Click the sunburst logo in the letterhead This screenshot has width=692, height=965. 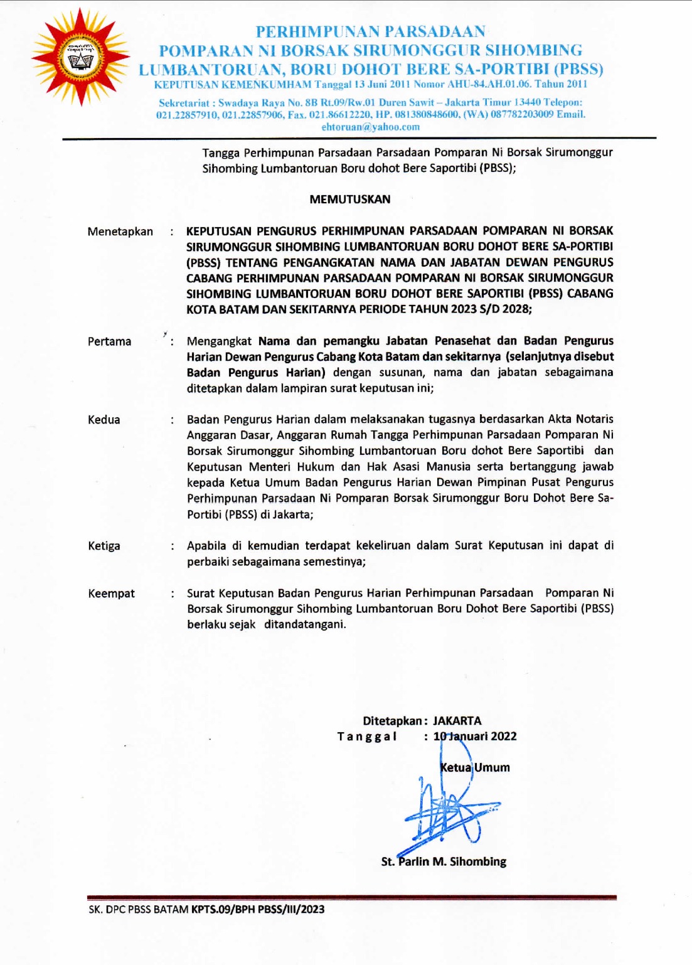coord(80,58)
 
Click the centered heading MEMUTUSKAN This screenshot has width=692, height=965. coord(350,200)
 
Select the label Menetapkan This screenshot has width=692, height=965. coord(120,232)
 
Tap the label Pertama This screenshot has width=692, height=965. coord(110,341)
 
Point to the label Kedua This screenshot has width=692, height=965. coord(104,420)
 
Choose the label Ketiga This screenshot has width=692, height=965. coord(104,546)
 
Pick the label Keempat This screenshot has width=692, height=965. coord(112,594)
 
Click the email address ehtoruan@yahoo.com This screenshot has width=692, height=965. coord(371,127)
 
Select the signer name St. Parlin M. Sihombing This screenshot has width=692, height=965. coord(444,861)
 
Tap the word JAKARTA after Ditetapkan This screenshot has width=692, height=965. coord(457,721)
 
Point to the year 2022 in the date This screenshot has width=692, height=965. coord(504,736)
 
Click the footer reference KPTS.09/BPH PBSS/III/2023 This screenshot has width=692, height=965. coord(258,909)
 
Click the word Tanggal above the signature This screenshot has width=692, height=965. coord(367,737)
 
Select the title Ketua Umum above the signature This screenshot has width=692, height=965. coord(475,767)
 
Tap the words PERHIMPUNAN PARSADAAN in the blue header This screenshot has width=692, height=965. coord(371,31)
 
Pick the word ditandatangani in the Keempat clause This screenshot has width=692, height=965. coord(305,624)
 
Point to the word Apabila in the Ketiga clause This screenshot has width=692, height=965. coord(206,545)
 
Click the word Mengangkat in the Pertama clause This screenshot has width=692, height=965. coord(219,341)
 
